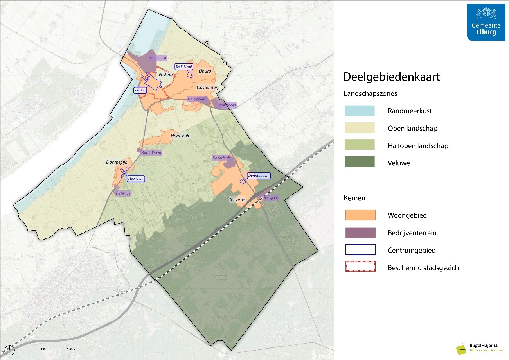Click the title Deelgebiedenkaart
click(391, 77)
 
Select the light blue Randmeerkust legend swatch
click(360, 111)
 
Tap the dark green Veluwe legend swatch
click(360, 162)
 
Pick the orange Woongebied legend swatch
click(360, 215)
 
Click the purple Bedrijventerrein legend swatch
click(360, 233)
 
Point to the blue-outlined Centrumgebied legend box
click(360, 250)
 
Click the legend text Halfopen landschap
click(418, 146)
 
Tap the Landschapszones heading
click(370, 94)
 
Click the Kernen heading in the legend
click(354, 198)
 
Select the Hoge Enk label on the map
click(180, 136)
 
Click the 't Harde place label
click(237, 199)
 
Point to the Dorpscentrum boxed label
click(259, 176)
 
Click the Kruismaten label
click(157, 57)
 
